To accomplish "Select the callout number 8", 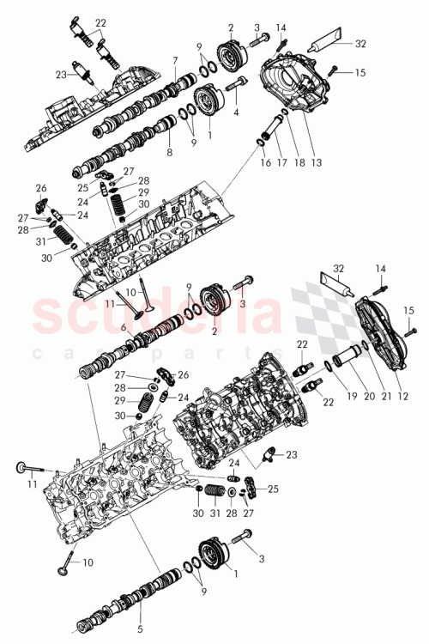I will (168, 152).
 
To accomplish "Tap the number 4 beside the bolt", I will (237, 112).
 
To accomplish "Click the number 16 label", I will (263, 161).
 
